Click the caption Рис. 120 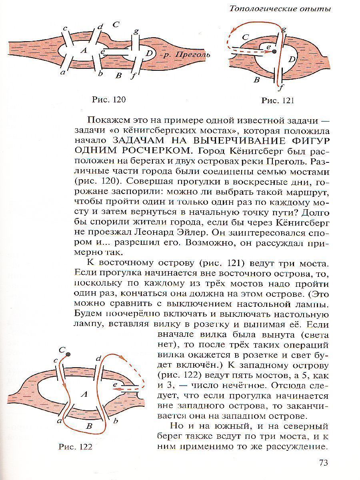pyautogui.click(x=109, y=100)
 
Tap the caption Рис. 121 pyautogui.click(x=278, y=100)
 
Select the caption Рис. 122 pyautogui.click(x=76, y=447)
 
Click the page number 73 pyautogui.click(x=324, y=462)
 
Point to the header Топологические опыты pyautogui.click(x=280, y=8)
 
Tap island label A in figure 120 pyautogui.click(x=83, y=50)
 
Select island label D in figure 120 pyautogui.click(x=149, y=53)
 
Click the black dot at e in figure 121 pyautogui.click(x=274, y=52)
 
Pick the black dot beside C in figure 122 pyautogui.click(x=68, y=354)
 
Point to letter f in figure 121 pyautogui.click(x=282, y=86)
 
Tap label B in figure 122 pyautogui.click(x=90, y=426)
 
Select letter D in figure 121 pyautogui.click(x=292, y=60)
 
